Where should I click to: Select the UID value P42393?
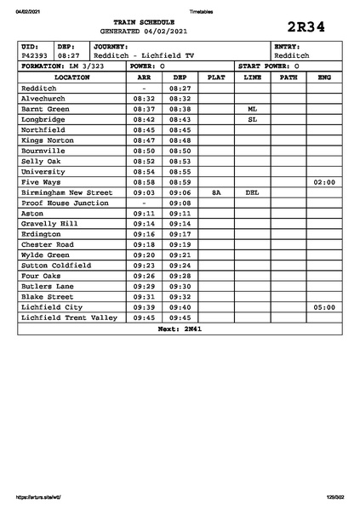(35, 55)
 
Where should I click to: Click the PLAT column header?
(216, 77)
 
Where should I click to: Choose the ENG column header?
(323, 77)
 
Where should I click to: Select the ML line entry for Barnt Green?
(252, 109)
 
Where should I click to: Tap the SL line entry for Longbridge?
(252, 119)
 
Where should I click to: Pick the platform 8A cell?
(216, 192)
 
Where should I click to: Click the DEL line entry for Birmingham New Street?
(252, 192)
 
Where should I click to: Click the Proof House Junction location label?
(65, 203)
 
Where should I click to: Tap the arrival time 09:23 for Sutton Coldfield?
(144, 266)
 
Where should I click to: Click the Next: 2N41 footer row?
(180, 328)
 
